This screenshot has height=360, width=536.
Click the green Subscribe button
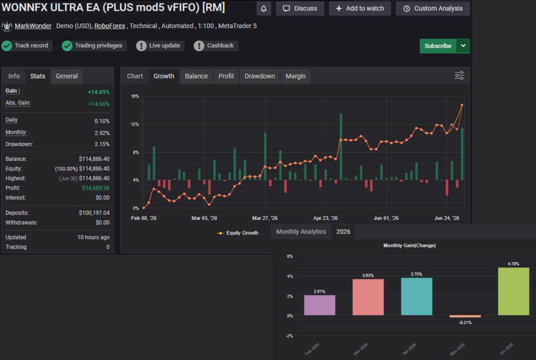[x=438, y=46]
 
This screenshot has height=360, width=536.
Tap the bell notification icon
[x=263, y=9]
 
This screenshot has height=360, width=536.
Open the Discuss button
[x=300, y=9]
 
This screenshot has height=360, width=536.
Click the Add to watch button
[x=360, y=9]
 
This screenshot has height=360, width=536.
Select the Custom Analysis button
[x=433, y=9]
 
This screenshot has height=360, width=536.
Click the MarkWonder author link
[x=33, y=26]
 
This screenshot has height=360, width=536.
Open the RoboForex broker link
[x=110, y=26]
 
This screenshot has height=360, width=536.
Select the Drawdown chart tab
[x=260, y=76]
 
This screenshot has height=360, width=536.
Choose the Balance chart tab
[x=196, y=76]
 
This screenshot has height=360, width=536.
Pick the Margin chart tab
[x=296, y=76]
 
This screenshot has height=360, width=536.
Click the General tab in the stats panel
[x=67, y=76]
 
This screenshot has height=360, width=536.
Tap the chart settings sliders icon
[x=459, y=76]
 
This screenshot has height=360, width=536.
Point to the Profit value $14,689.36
[x=96, y=188]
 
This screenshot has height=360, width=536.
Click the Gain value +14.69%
[x=98, y=92]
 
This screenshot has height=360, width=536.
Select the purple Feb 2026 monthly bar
[x=320, y=305]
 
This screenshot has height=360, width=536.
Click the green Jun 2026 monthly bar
[x=513, y=291]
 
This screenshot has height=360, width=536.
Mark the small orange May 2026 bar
[x=465, y=316]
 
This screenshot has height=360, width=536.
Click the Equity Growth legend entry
[x=238, y=233]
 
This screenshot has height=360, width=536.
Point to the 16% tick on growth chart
[x=135, y=96]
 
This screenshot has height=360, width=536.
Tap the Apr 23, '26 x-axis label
[x=326, y=218]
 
